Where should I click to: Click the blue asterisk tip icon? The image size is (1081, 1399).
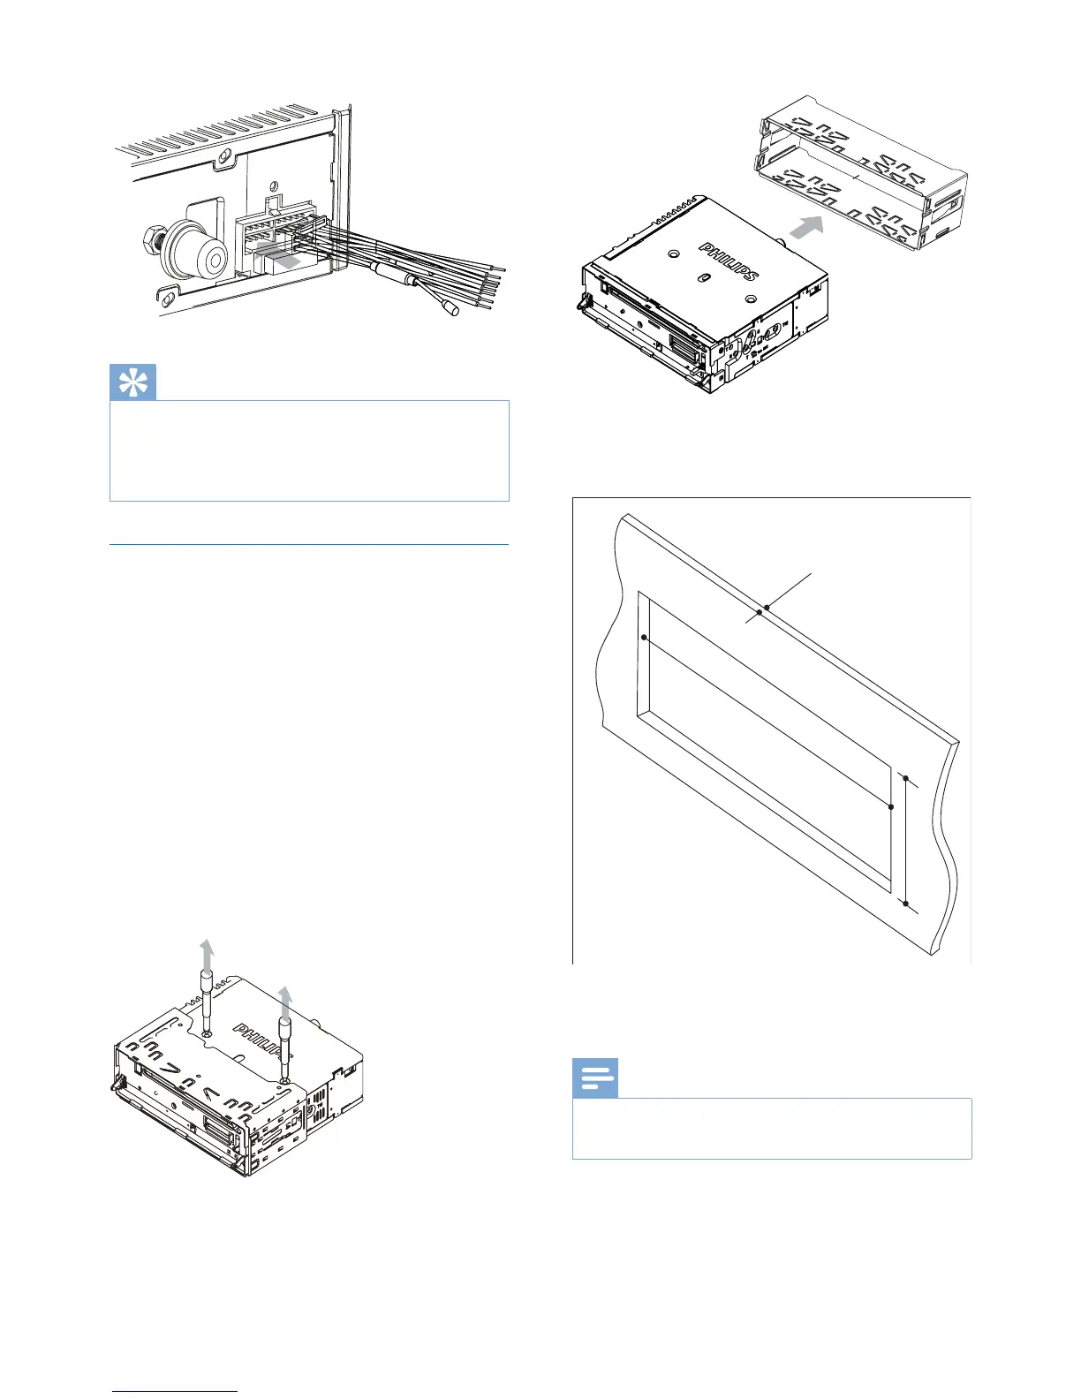pyautogui.click(x=133, y=381)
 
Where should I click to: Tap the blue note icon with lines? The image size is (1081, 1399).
pyautogui.click(x=596, y=1078)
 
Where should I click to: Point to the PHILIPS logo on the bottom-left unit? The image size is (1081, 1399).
pyautogui.click(x=263, y=1043)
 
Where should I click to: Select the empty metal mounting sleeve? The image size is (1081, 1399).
pyautogui.click(x=861, y=172)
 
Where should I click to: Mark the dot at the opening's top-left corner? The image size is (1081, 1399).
pyautogui.click(x=645, y=637)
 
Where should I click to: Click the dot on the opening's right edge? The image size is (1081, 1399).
pyautogui.click(x=891, y=807)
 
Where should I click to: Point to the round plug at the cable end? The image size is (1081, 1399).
pyautogui.click(x=450, y=308)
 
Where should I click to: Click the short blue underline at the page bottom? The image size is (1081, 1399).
pyautogui.click(x=175, y=1391)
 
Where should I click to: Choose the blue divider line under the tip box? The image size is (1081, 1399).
pyautogui.click(x=309, y=545)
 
